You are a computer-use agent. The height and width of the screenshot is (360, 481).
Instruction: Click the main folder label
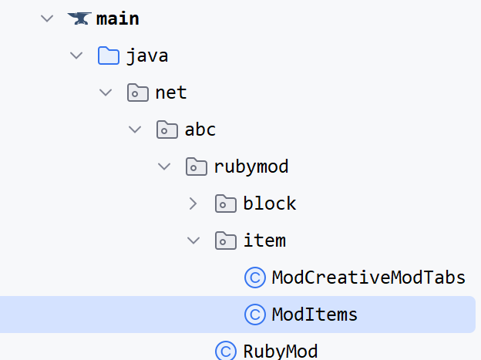pyautogui.click(x=118, y=19)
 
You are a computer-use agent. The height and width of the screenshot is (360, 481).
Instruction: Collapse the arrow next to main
pyautogui.click(x=46, y=19)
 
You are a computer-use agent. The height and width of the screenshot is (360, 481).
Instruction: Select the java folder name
pyautogui.click(x=147, y=56)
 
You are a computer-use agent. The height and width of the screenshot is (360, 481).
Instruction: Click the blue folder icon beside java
pyautogui.click(x=109, y=56)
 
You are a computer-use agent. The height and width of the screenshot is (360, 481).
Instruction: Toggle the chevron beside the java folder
pyautogui.click(x=76, y=56)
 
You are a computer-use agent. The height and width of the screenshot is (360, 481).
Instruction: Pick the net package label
pyautogui.click(x=170, y=93)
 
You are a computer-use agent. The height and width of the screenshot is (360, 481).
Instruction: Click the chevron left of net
pyautogui.click(x=105, y=93)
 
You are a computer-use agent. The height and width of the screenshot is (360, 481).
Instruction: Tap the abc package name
pyautogui.click(x=200, y=130)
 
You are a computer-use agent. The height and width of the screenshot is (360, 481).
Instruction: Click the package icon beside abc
pyautogui.click(x=167, y=130)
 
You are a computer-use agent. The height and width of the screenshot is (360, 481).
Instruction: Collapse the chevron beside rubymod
pyautogui.click(x=163, y=167)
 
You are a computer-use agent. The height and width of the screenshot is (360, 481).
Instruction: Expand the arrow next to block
pyautogui.click(x=193, y=204)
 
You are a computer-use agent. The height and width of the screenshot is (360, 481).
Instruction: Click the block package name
pyautogui.click(x=270, y=204)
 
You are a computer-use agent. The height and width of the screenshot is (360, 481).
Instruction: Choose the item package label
pyautogui.click(x=264, y=241)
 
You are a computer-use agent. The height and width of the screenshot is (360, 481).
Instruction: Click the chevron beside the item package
pyautogui.click(x=193, y=241)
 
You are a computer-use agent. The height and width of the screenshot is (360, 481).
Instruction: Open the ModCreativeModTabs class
pyautogui.click(x=368, y=278)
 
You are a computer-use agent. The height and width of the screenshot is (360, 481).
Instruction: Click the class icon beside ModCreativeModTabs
pyautogui.click(x=254, y=278)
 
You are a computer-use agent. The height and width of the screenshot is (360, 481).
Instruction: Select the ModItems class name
pyautogui.click(x=314, y=315)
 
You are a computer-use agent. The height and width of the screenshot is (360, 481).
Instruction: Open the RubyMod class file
pyautogui.click(x=280, y=352)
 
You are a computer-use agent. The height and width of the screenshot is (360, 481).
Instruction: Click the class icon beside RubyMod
pyautogui.click(x=226, y=352)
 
